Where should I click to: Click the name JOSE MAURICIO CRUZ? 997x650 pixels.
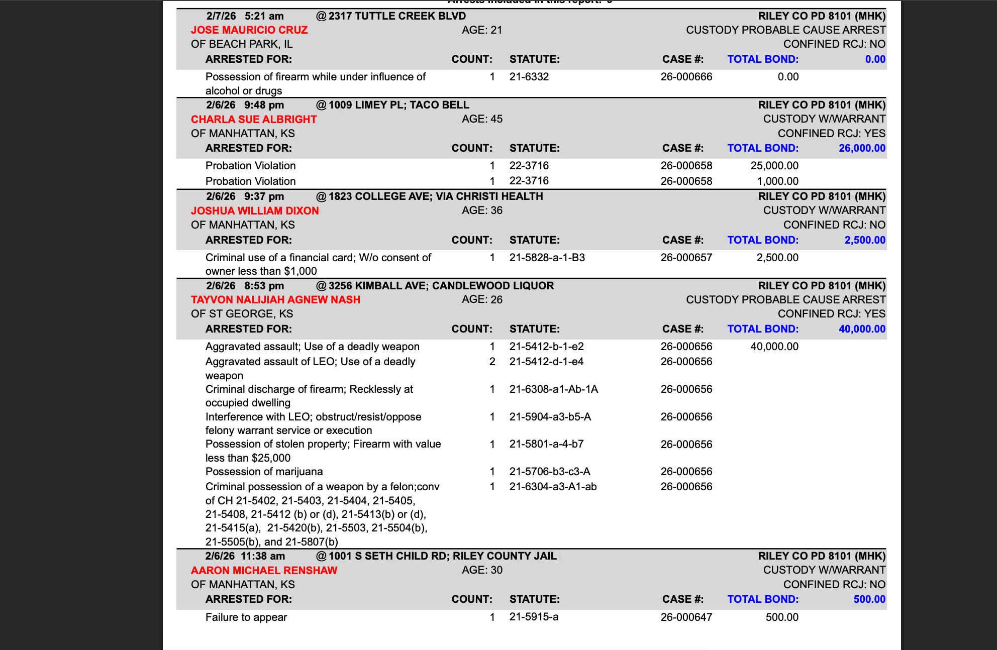pyautogui.click(x=249, y=30)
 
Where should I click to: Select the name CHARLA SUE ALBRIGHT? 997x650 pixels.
pyautogui.click(x=254, y=120)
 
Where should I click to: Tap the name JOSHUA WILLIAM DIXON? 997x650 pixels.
pyautogui.click(x=255, y=211)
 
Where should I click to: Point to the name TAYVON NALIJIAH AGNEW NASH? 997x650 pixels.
pyautogui.click(x=275, y=300)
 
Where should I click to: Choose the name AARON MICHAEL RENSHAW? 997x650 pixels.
pyautogui.click(x=264, y=571)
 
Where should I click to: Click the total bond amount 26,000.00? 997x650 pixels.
pyautogui.click(x=862, y=148)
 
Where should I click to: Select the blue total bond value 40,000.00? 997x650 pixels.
pyautogui.click(x=862, y=329)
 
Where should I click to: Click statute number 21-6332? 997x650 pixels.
pyautogui.click(x=529, y=77)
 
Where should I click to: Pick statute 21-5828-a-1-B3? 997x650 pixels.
pyautogui.click(x=547, y=258)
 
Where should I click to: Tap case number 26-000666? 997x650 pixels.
pyautogui.click(x=686, y=77)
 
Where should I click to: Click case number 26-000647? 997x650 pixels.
pyautogui.click(x=686, y=617)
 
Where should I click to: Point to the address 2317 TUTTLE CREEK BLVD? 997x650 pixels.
pyautogui.click(x=397, y=16)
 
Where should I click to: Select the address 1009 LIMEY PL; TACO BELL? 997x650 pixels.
pyautogui.click(x=399, y=105)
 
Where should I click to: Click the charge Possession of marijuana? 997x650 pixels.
pyautogui.click(x=264, y=472)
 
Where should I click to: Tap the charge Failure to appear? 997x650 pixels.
pyautogui.click(x=246, y=617)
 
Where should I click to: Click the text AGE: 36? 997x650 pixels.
pyautogui.click(x=482, y=210)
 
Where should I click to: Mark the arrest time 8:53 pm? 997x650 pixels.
pyautogui.click(x=264, y=286)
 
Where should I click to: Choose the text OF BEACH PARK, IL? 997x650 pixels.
pyautogui.click(x=242, y=44)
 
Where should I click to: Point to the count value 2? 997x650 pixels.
pyautogui.click(x=492, y=362)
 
